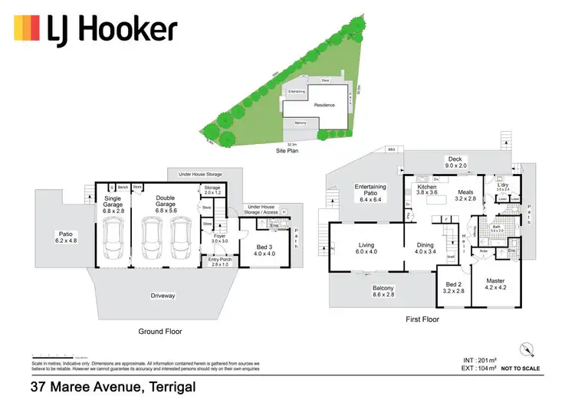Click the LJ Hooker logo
click(96, 30)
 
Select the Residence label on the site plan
click(324, 104)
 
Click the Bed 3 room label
click(265, 247)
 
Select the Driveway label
click(163, 296)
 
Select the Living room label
click(366, 248)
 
